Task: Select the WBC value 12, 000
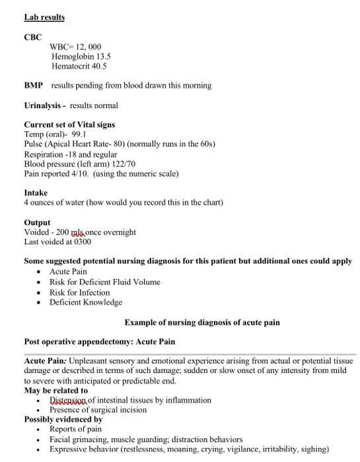click(x=89, y=46)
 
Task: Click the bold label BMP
click(x=34, y=86)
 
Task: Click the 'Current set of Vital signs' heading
click(x=69, y=125)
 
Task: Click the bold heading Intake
click(x=36, y=193)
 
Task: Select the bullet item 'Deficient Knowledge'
click(x=86, y=302)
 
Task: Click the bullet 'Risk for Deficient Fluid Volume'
click(x=104, y=282)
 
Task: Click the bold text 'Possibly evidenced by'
click(x=63, y=419)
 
